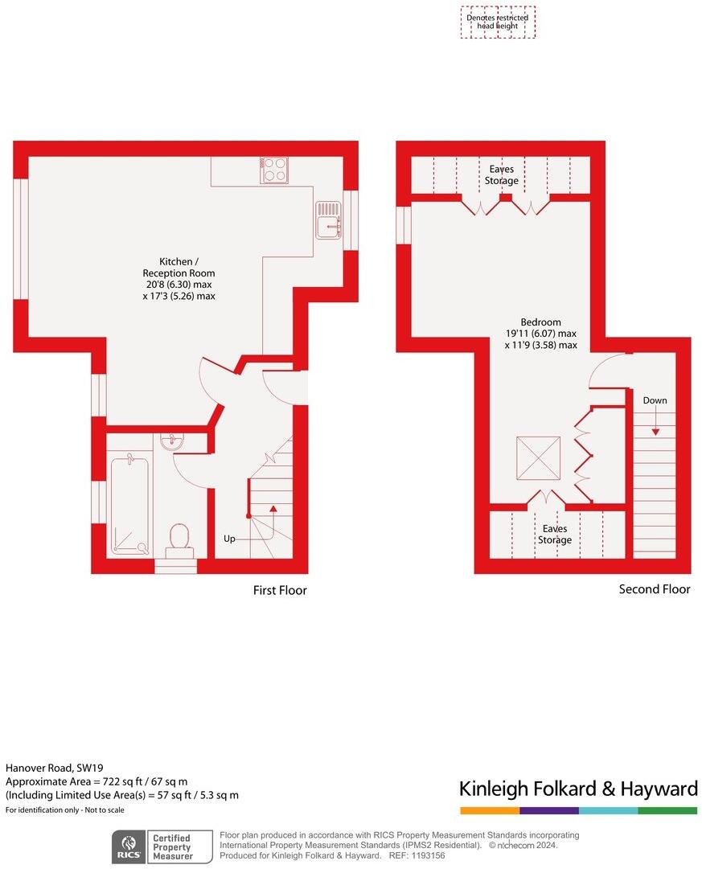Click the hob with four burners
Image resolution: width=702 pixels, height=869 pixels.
[274, 170]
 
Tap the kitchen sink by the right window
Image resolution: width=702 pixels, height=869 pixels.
[329, 219]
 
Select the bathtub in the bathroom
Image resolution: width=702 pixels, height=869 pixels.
[129, 506]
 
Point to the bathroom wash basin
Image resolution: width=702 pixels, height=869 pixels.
[172, 441]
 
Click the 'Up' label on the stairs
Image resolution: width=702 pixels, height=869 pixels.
[229, 539]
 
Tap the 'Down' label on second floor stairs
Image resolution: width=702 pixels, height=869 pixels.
[655, 400]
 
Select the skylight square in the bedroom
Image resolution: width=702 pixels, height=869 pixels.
[538, 458]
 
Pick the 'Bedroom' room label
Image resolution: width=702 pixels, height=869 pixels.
[540, 322]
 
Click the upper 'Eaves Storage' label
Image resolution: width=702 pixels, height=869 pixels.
[501, 175]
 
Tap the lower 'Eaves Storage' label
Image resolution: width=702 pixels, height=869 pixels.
[555, 535]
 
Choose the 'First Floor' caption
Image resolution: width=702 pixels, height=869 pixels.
[280, 591]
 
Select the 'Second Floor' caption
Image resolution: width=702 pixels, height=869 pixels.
[654, 589]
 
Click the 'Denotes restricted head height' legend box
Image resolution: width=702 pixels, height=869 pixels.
[498, 22]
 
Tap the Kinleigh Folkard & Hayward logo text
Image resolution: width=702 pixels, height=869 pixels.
[577, 789]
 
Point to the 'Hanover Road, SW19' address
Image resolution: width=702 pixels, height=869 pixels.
[55, 768]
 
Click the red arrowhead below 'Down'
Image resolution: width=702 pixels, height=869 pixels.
[655, 432]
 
